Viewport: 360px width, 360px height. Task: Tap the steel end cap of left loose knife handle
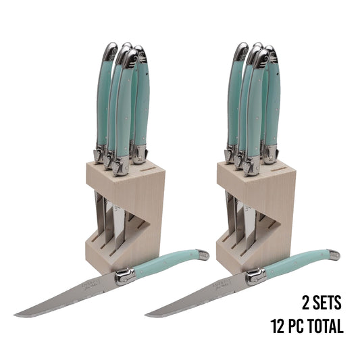tap(202, 253)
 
